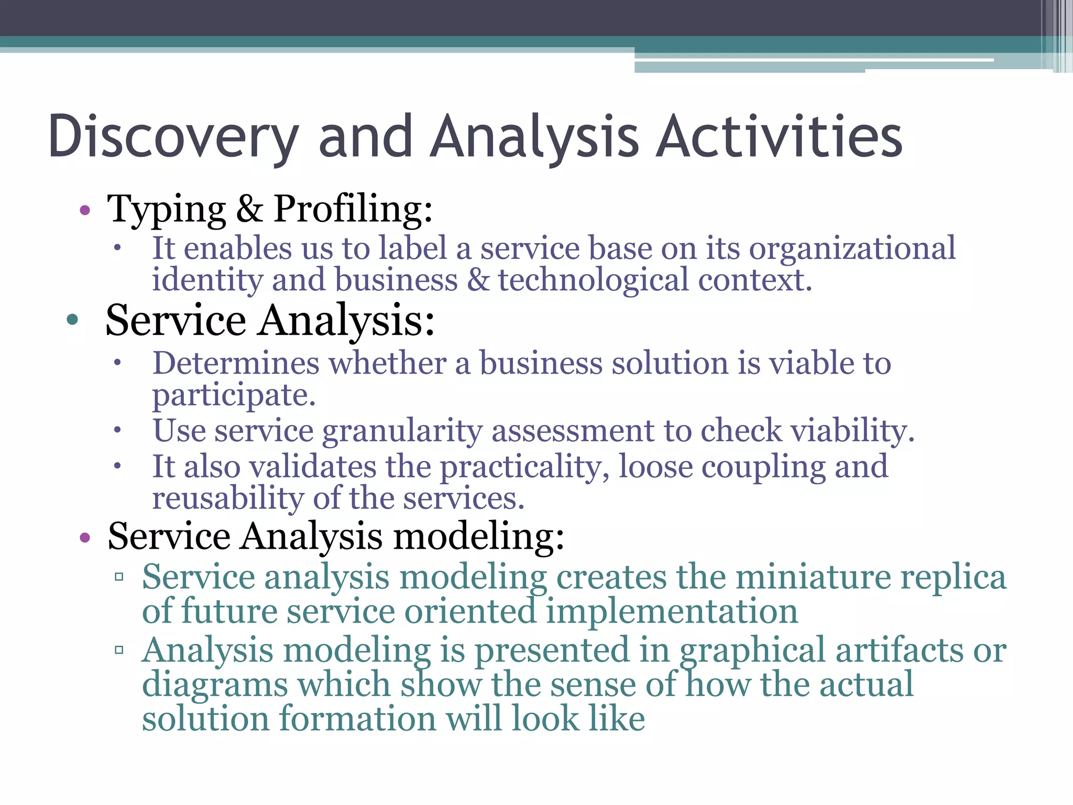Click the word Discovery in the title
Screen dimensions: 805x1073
tap(173, 137)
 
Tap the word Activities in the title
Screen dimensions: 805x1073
tap(779, 137)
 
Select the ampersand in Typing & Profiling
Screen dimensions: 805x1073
tap(249, 209)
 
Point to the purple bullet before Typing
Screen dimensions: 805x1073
tap(85, 211)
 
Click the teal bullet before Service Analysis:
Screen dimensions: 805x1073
tap(73, 320)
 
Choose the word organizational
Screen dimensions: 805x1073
tap(852, 248)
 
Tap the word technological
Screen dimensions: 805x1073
tap(593, 280)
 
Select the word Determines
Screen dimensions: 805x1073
tap(236, 363)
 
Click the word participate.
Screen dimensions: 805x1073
tap(234, 395)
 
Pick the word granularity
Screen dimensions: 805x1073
tap(402, 431)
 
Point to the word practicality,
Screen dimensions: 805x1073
tap(524, 466)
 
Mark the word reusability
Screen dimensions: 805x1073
tap(228, 498)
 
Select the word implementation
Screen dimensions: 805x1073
tap(672, 612)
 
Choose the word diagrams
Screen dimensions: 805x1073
tap(215, 685)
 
